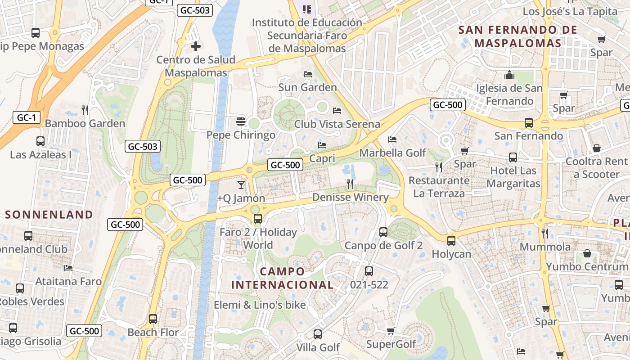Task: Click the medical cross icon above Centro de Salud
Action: (196, 46)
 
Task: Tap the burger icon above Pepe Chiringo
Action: (241, 121)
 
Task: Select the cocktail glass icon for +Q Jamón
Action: (241, 184)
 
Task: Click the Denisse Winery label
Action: (350, 197)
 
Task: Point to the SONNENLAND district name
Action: (49, 215)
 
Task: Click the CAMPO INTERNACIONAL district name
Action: (283, 278)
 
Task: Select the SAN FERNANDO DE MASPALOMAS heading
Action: (517, 36)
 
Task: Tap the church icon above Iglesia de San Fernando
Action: (509, 75)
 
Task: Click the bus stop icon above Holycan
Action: (451, 240)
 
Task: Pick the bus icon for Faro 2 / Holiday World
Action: (258, 219)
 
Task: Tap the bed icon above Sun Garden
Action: (308, 74)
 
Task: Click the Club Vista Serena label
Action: (337, 124)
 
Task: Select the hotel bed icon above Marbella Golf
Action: (392, 139)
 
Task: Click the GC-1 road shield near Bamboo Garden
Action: (26, 118)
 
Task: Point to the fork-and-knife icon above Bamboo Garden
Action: (85, 110)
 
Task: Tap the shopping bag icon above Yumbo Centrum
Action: (587, 253)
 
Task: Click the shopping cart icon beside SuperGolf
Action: (391, 331)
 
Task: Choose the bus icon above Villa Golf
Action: (318, 334)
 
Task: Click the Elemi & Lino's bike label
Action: (260, 305)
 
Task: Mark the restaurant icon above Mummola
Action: (545, 233)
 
